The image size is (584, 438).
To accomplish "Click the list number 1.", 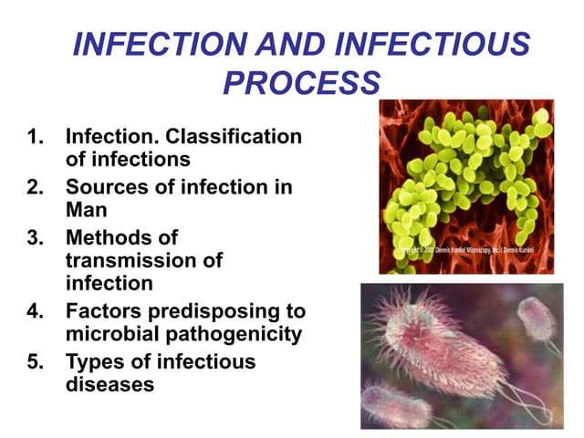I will point(36,138).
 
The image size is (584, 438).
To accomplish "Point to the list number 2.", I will point(36,188).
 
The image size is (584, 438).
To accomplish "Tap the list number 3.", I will point(36,237).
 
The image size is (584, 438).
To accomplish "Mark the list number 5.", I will point(36,361).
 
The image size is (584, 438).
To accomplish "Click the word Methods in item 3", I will point(109,237).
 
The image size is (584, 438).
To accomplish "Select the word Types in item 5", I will point(96,361).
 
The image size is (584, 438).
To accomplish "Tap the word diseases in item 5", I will point(109,384).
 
